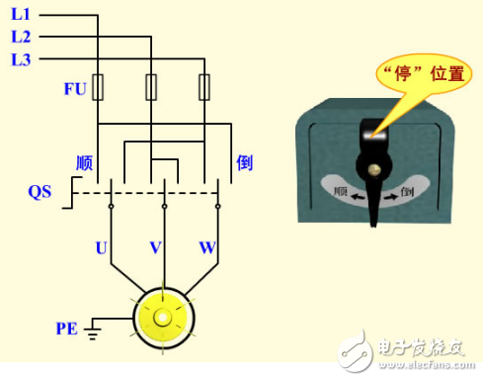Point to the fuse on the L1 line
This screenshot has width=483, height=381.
[x=99, y=87]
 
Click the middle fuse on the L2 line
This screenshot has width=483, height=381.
[x=152, y=87]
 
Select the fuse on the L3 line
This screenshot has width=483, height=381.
[x=204, y=87]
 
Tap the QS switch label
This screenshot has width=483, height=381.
[x=40, y=191]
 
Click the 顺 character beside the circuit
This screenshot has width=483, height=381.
[x=84, y=162]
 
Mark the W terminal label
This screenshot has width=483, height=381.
[x=206, y=247]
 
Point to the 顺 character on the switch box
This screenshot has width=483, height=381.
[x=341, y=193]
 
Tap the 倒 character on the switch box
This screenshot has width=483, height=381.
[x=408, y=195]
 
